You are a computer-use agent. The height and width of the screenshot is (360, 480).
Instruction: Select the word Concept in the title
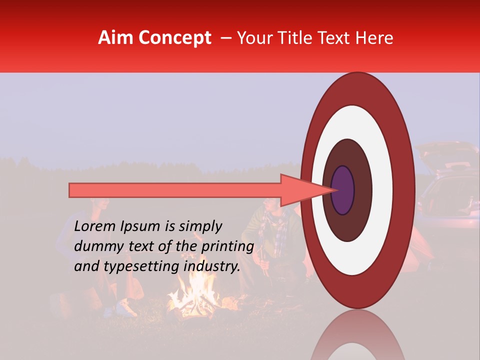click(174, 38)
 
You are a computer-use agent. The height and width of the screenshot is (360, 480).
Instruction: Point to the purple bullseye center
click(342, 190)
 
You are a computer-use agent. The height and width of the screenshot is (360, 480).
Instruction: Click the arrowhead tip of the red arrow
click(335, 190)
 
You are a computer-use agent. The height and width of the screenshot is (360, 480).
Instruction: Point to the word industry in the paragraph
click(212, 266)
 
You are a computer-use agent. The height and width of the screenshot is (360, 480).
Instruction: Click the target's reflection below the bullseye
click(357, 340)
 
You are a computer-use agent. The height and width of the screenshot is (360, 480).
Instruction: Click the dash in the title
click(225, 38)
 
